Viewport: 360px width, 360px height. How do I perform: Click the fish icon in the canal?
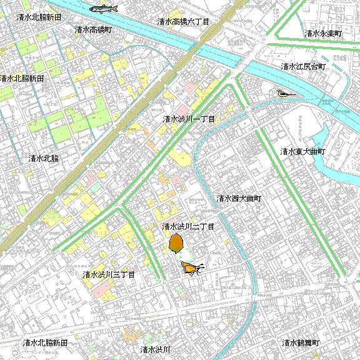point(104,9)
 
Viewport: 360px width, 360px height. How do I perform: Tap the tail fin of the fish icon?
point(91,9)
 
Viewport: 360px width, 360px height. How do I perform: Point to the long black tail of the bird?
point(292,95)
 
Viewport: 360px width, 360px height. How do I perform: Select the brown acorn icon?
point(176,242)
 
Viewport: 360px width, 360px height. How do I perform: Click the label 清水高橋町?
point(93,29)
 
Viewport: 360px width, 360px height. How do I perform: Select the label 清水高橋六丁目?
point(182,21)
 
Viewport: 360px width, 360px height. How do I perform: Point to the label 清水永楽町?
point(323,33)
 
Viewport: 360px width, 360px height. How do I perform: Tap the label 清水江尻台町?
point(303,66)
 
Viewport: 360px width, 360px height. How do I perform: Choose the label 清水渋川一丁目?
point(189,119)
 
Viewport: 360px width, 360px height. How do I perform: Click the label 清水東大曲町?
point(303,151)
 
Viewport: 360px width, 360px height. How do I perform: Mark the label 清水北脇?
point(44,159)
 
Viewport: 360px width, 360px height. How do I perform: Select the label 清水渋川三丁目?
point(109,274)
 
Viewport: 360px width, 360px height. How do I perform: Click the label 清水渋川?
point(156,349)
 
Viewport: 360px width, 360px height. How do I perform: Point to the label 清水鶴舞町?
point(301,343)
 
